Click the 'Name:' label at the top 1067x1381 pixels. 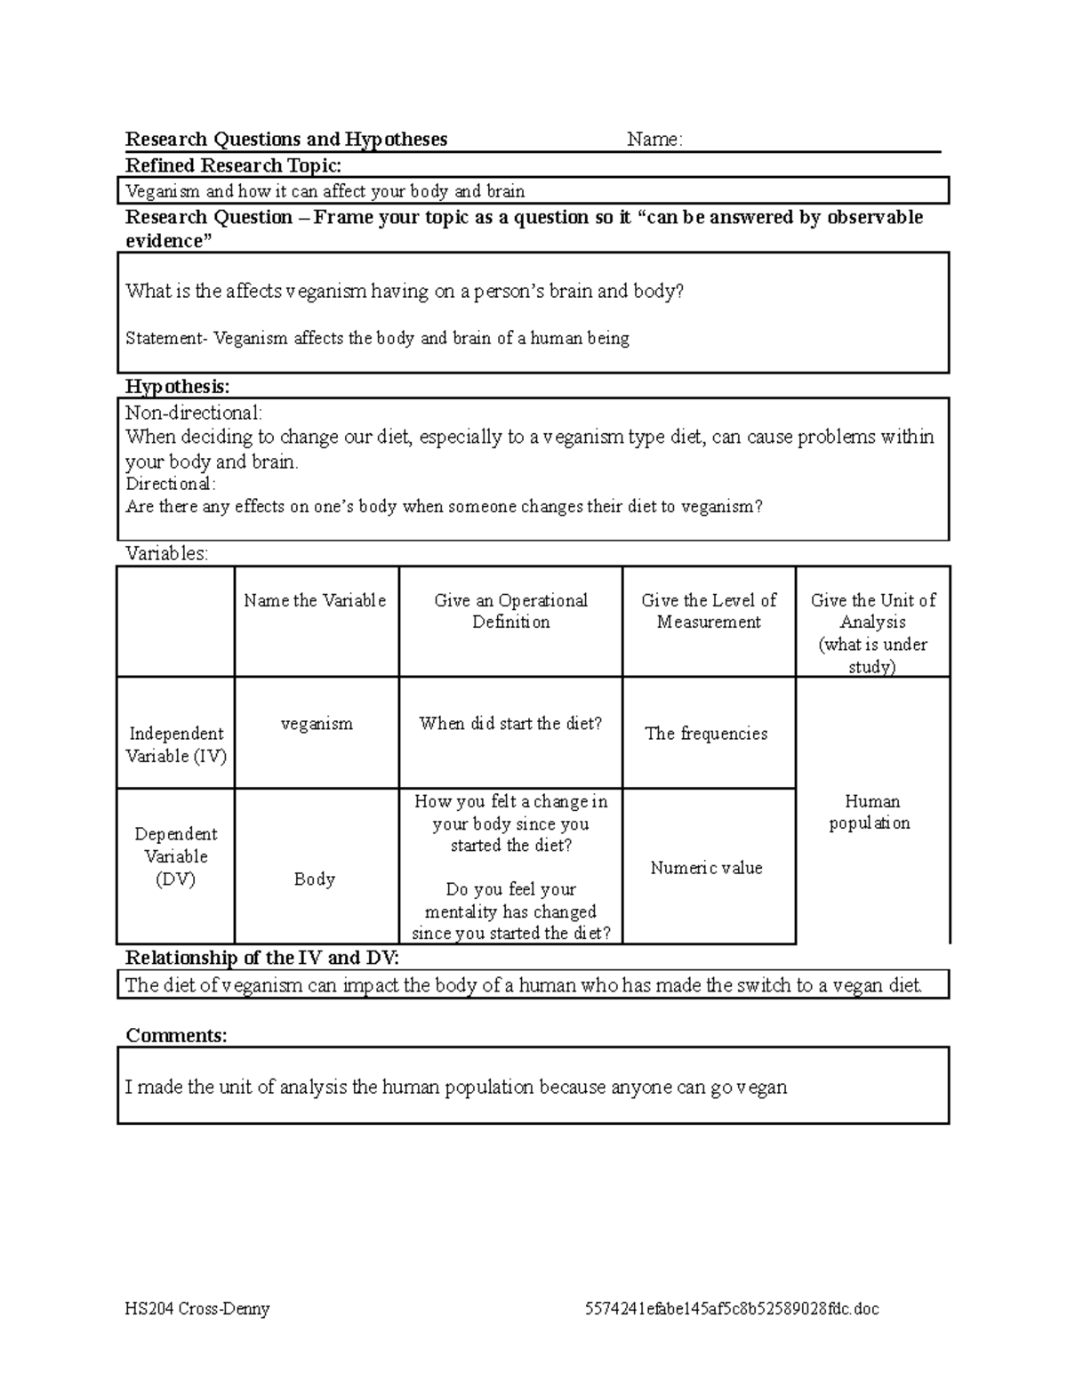654,140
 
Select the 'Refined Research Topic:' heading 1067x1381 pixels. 233,165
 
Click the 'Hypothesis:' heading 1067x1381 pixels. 177,386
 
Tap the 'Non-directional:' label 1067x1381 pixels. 194,413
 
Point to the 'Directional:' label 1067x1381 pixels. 170,484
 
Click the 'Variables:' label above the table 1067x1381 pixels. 167,553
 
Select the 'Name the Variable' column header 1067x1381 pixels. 315,600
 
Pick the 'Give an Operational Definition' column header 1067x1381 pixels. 510,611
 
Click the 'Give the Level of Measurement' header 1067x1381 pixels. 709,611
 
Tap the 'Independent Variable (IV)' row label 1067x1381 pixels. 176,744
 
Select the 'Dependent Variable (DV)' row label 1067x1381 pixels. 176,856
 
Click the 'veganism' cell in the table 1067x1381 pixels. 317,724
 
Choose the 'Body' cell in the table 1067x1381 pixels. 315,879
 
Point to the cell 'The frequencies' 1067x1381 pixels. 706,734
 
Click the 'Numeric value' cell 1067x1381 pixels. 706,868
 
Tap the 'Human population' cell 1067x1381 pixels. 870,812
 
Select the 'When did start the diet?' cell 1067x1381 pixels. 510,724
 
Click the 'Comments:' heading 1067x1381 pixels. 176,1035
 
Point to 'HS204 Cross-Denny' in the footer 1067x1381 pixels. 197,1308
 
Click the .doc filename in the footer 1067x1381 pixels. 732,1308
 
